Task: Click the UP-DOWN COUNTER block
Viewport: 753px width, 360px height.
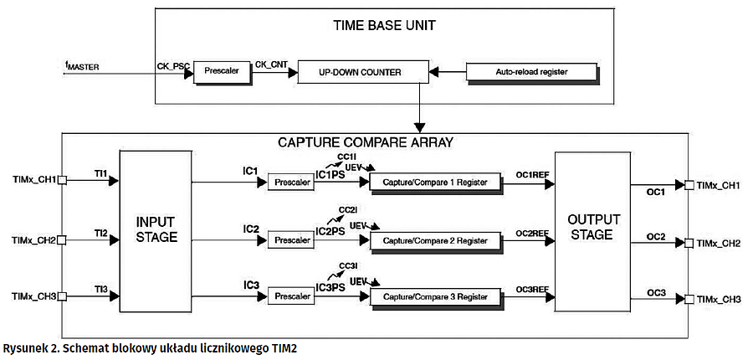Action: point(360,72)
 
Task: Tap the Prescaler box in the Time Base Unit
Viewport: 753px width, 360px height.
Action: point(221,72)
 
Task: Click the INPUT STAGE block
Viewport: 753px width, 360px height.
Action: point(156,229)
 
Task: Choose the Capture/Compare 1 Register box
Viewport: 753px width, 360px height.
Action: point(433,182)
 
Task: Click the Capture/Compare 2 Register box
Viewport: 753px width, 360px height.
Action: point(433,240)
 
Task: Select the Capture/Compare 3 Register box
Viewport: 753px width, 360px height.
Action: point(433,296)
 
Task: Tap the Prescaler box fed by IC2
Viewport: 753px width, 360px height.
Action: point(290,240)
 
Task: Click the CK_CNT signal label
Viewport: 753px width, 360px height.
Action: point(272,63)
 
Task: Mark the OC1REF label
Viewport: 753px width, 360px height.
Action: point(532,174)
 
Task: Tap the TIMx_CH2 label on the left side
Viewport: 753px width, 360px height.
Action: point(34,240)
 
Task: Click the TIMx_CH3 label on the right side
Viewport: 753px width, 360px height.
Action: point(719,299)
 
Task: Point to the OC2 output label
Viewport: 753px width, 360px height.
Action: point(656,236)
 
